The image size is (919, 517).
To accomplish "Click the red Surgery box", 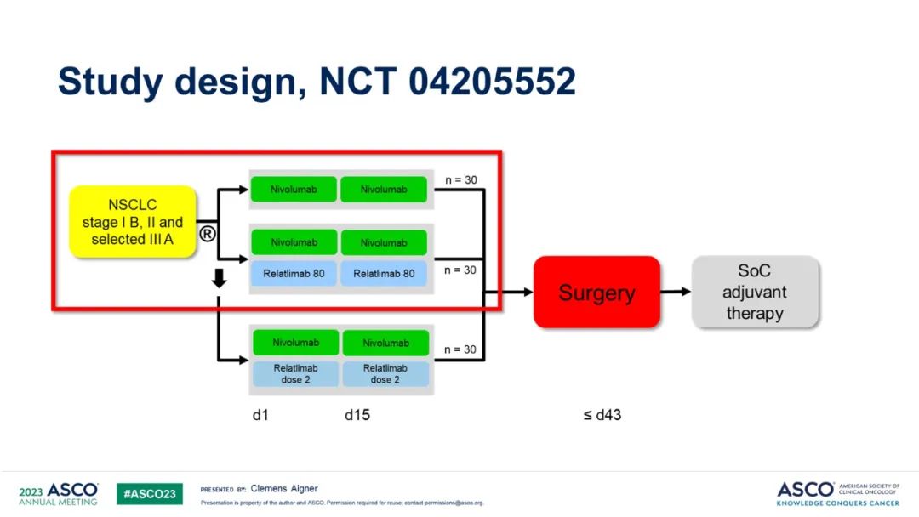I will (x=596, y=292).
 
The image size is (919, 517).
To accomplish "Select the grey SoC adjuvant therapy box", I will (x=755, y=292).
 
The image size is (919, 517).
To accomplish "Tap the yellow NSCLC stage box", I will (x=133, y=222).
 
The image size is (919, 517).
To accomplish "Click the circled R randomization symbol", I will (x=207, y=233).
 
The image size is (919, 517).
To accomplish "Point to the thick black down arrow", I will (x=219, y=278).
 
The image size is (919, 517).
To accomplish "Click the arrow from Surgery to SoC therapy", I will (x=676, y=292).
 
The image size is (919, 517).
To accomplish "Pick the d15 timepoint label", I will (x=357, y=416).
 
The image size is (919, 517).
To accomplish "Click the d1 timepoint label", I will (x=260, y=416).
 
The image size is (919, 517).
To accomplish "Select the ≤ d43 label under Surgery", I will (x=602, y=416).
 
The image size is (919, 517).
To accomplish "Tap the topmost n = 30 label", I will (x=461, y=180).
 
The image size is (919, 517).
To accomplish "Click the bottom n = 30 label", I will (x=461, y=349).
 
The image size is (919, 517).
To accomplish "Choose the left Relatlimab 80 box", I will (x=294, y=273).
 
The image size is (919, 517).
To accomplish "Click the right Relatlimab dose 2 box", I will (x=385, y=374).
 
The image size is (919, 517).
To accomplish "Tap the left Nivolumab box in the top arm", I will (x=294, y=190).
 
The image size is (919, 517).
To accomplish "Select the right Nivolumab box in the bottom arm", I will (x=385, y=343).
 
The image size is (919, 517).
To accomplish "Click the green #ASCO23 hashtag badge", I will (x=150, y=494).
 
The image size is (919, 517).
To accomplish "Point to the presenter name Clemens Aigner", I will (x=284, y=489).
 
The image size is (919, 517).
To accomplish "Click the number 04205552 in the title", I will (x=493, y=82).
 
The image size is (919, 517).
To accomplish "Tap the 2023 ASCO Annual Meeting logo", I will (x=59, y=494).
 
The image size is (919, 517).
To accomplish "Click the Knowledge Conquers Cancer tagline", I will (x=837, y=503).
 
